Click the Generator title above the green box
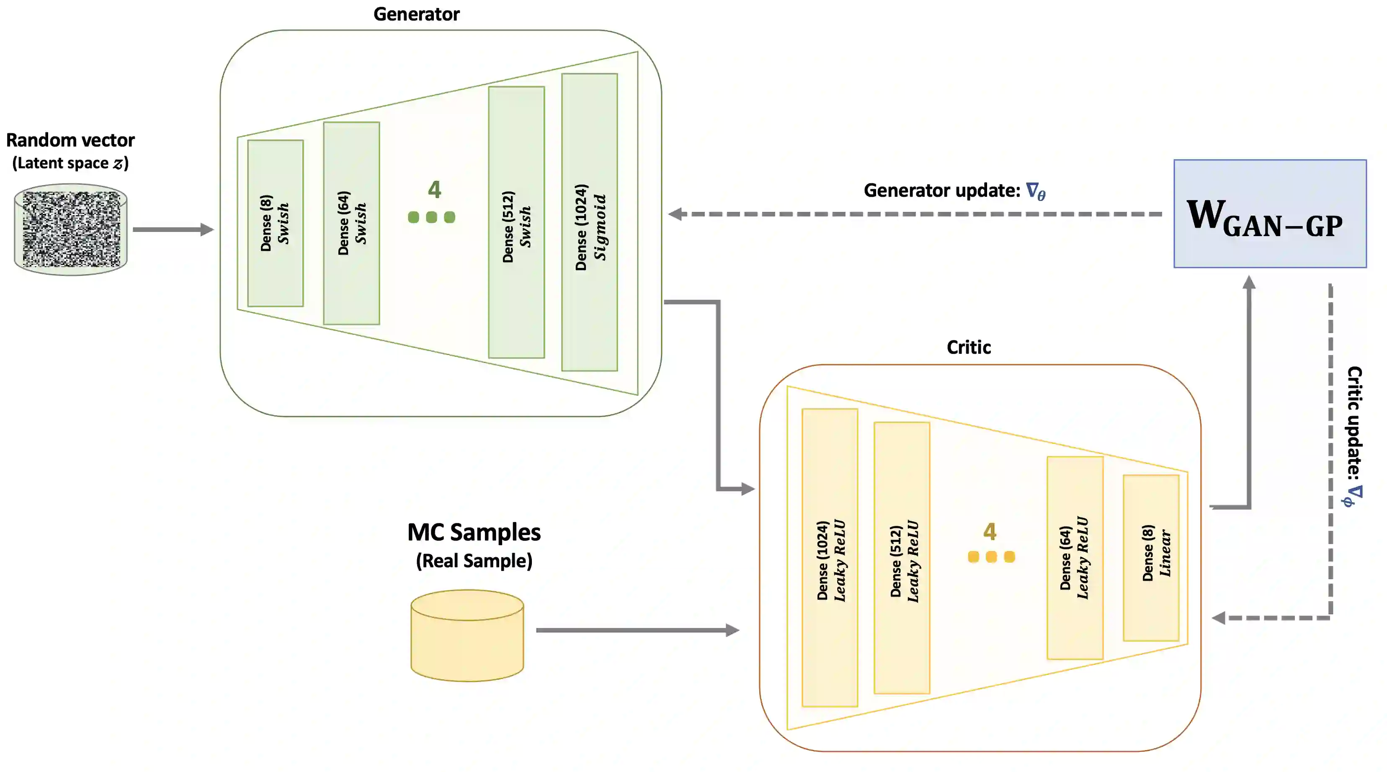click(x=416, y=14)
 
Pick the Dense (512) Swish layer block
click(x=516, y=222)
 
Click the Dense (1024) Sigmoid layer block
click(x=589, y=222)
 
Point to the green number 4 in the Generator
click(x=434, y=190)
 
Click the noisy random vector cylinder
click(x=70, y=229)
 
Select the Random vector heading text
click(x=70, y=140)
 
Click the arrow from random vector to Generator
click(x=172, y=229)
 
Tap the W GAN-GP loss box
click(x=1270, y=214)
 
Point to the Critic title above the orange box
click(x=968, y=347)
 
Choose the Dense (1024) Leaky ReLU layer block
click(x=829, y=558)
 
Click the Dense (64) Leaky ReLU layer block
click(x=1075, y=558)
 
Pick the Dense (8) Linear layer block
click(x=1151, y=558)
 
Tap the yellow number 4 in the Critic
click(x=990, y=532)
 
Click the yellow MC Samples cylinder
click(x=467, y=635)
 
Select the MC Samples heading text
click(x=474, y=533)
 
